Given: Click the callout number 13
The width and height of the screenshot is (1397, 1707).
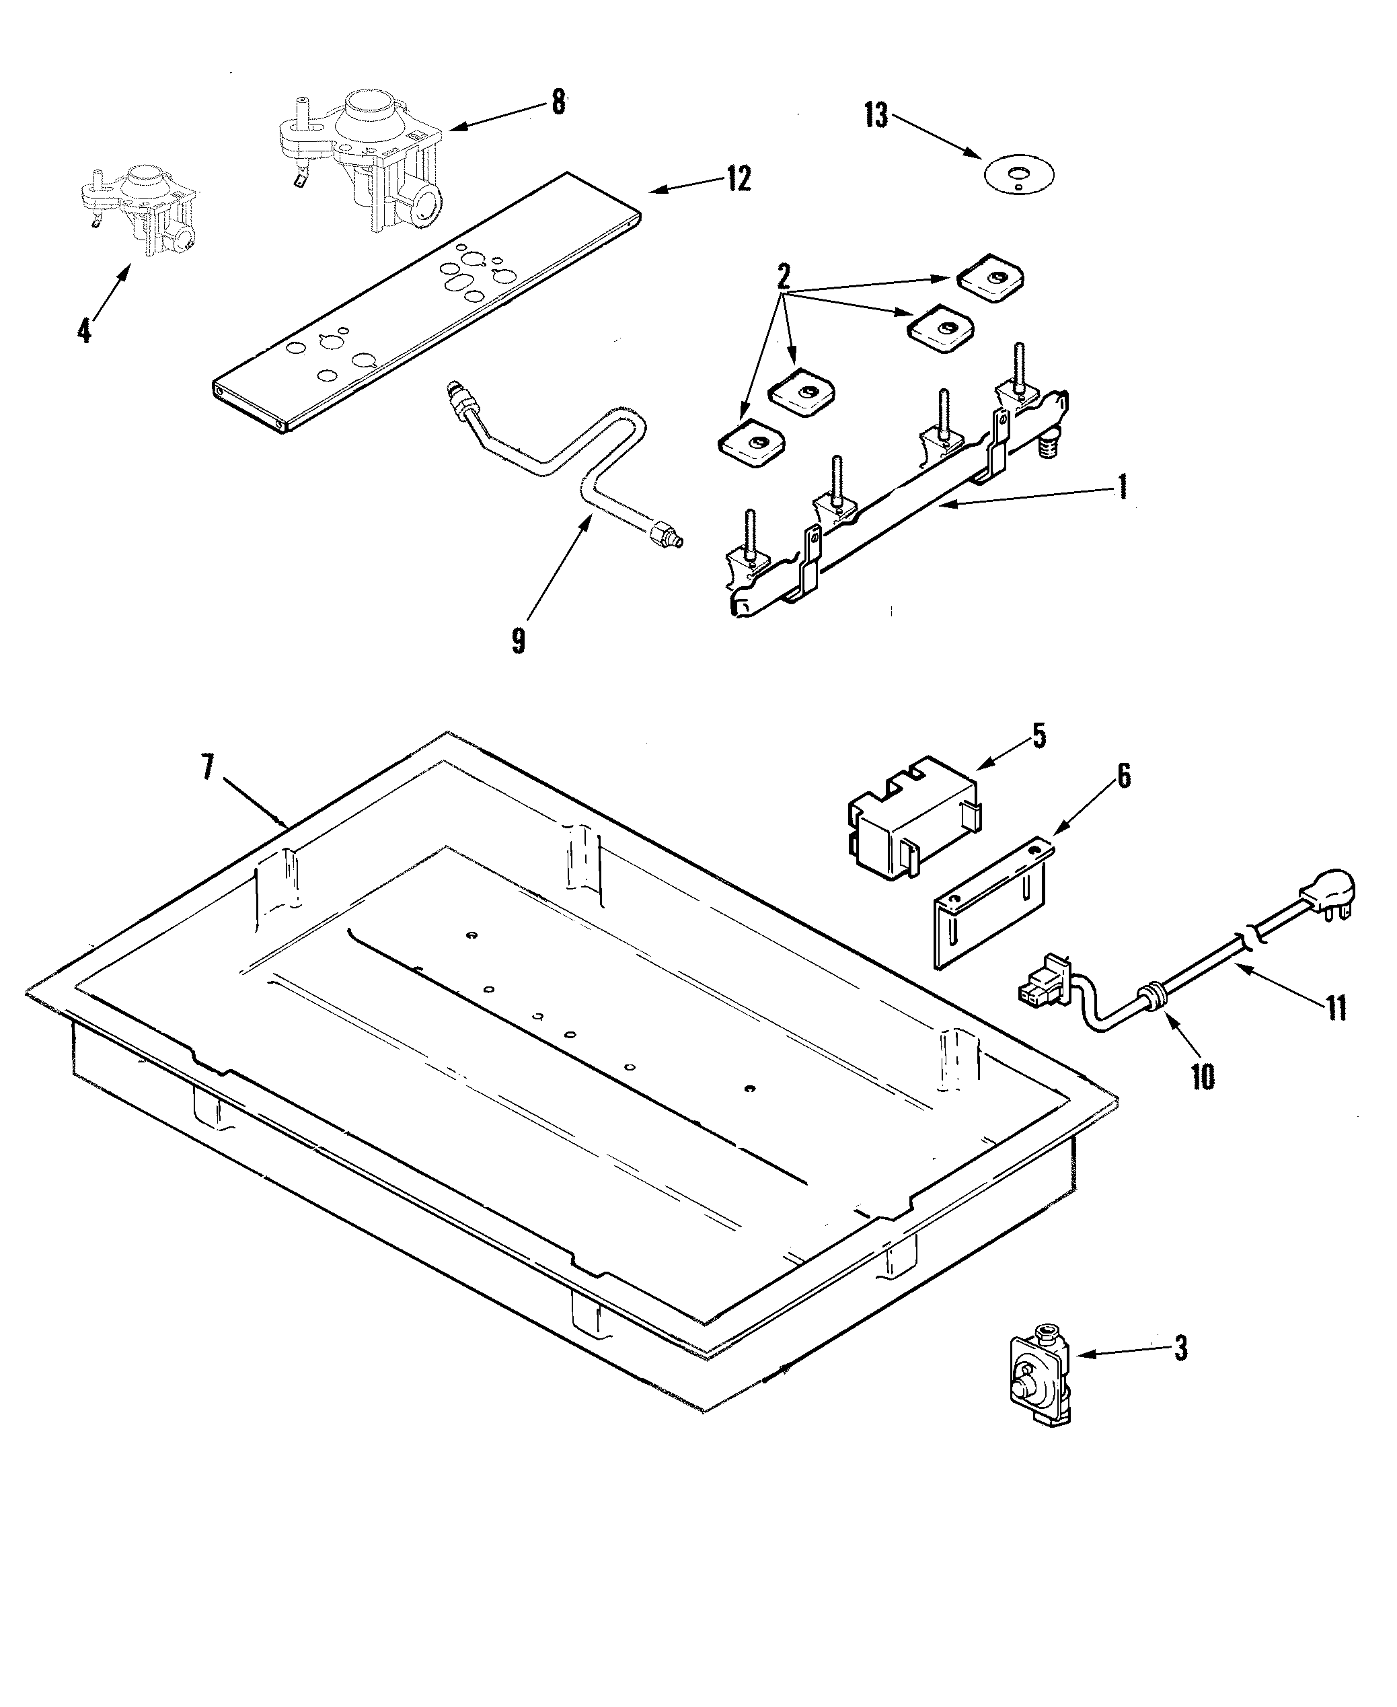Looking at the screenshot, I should (876, 116).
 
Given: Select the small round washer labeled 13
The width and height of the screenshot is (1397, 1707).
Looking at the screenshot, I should (1019, 174).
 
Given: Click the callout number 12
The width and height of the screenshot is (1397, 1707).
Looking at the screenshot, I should (738, 179).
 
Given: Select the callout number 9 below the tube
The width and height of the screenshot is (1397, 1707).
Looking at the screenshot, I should (518, 641).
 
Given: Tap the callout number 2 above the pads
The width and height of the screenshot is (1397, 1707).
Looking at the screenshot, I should (782, 277).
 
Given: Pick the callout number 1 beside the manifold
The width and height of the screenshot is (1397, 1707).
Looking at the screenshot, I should (1122, 487).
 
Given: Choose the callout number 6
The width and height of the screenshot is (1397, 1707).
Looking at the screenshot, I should (1123, 776).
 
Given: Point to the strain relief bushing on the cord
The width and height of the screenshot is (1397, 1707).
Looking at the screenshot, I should (1156, 996).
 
